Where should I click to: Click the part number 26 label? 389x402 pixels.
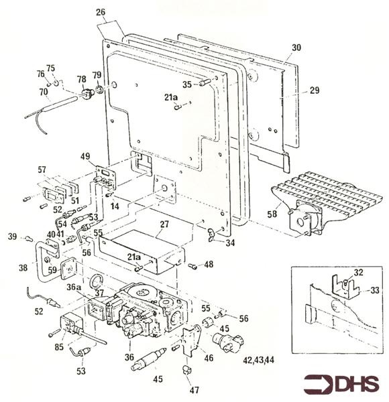click(101, 12)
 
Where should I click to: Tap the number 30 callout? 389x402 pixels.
click(296, 48)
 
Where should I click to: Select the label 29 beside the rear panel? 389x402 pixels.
click(315, 90)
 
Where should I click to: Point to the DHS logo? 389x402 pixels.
click(341, 384)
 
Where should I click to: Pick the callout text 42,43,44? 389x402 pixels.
click(258, 360)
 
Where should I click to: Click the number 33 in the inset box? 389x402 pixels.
click(375, 291)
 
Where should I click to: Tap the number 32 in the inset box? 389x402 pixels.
click(358, 272)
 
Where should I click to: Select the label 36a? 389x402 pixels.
click(74, 287)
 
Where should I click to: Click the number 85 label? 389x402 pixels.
click(59, 347)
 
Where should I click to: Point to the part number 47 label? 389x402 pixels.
click(194, 390)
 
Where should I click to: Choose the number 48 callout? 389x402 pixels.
click(209, 264)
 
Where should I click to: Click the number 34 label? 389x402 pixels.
click(230, 243)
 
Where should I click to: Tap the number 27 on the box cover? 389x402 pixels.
click(164, 224)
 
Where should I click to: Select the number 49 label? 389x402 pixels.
click(85, 156)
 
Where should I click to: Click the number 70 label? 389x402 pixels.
click(44, 92)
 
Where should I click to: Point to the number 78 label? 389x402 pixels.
click(82, 79)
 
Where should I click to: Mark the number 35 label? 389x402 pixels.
click(187, 84)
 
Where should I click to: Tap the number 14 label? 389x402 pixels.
click(115, 206)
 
